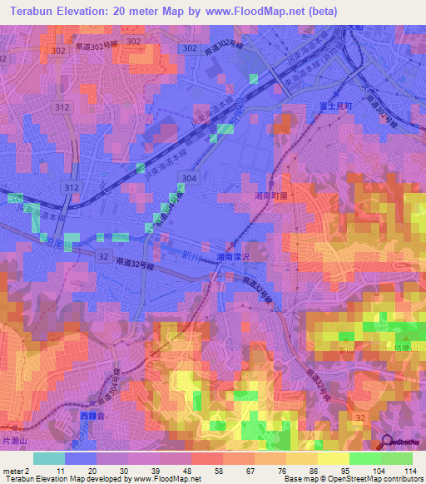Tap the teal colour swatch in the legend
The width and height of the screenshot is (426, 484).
[x=48, y=458]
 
